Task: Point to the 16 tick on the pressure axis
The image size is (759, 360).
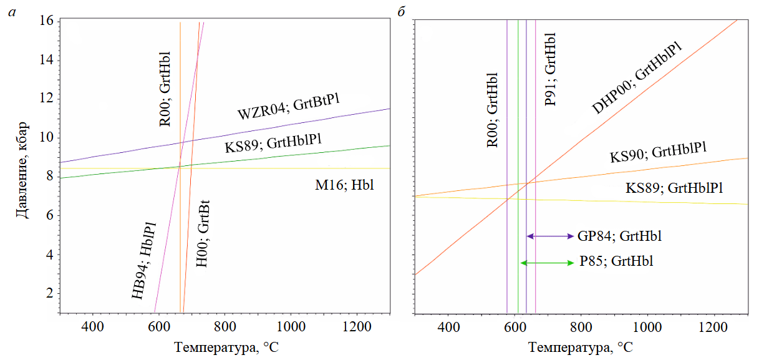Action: coord(47,21)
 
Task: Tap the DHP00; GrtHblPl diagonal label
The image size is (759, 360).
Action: coord(636,79)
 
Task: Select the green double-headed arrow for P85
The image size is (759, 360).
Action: coord(546,263)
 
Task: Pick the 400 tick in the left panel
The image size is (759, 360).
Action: coord(92,326)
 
